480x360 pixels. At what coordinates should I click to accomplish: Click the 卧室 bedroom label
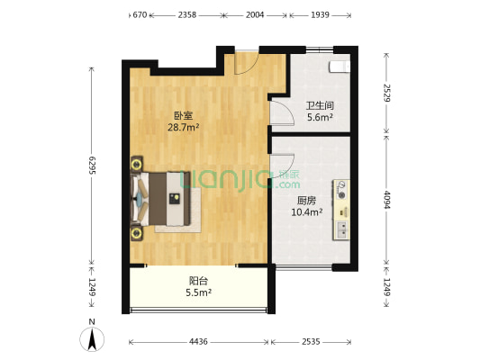(183, 115)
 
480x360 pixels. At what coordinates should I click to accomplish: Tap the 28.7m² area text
(183, 128)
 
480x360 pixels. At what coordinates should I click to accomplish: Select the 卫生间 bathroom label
(320, 103)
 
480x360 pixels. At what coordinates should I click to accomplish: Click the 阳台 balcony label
(197, 280)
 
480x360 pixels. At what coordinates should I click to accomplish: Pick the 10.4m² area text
(307, 212)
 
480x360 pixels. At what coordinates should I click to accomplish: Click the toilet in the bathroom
(340, 67)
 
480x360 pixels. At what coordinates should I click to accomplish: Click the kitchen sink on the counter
(342, 229)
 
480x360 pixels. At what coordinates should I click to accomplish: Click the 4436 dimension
(199, 341)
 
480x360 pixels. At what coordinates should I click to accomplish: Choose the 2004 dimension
(255, 15)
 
